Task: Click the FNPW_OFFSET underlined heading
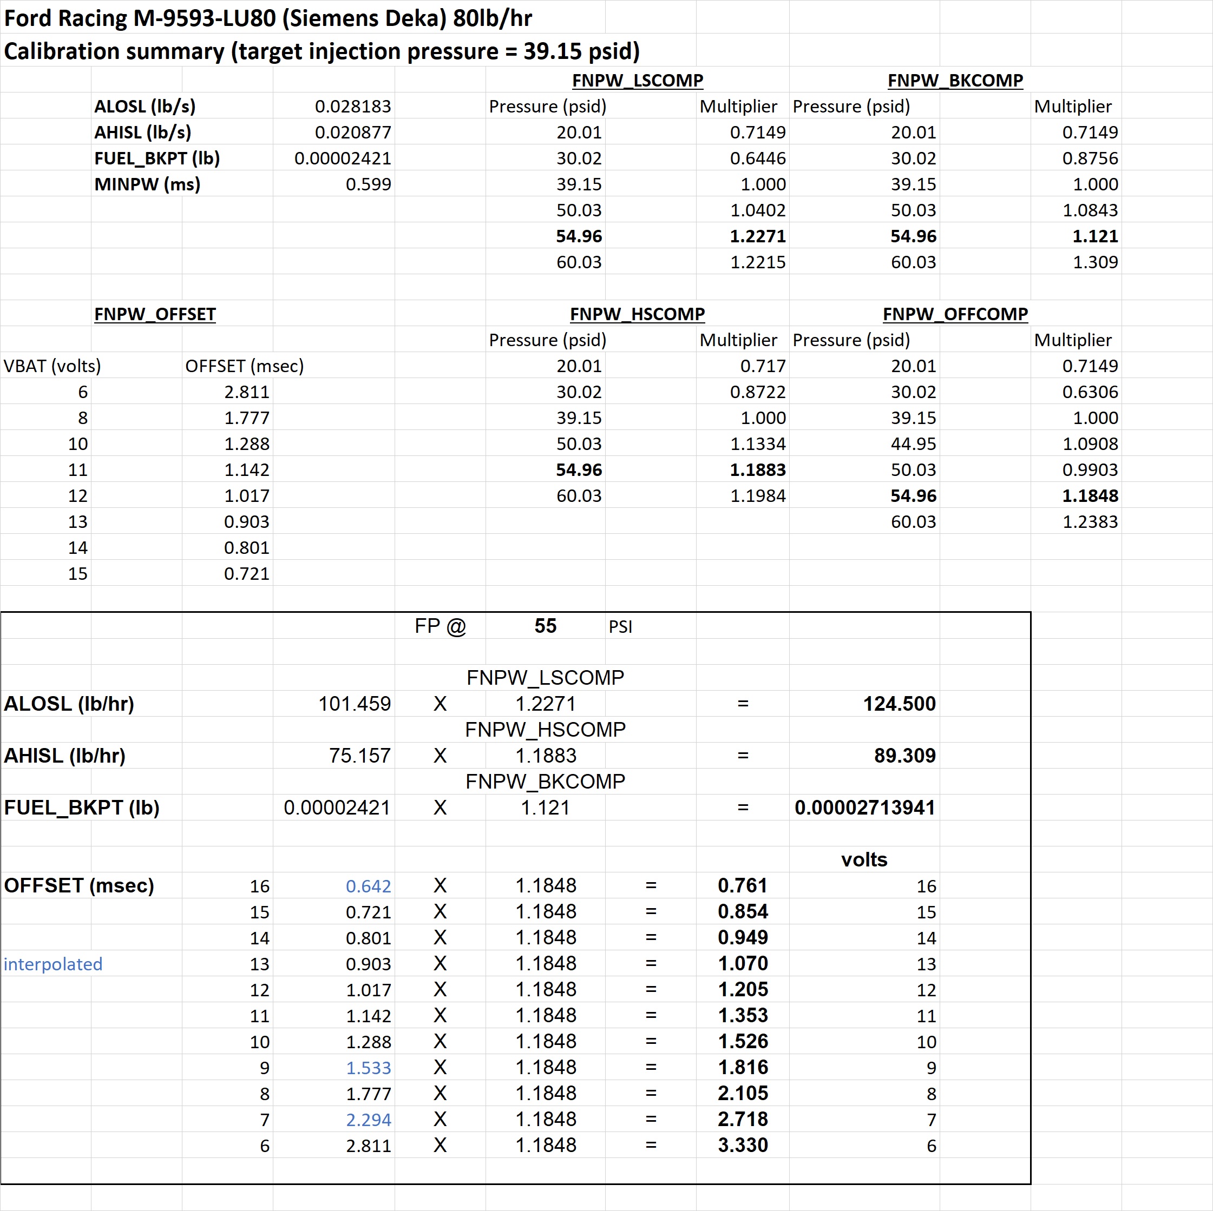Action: (x=155, y=314)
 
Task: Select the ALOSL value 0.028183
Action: (x=353, y=106)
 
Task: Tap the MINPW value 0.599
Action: (x=368, y=184)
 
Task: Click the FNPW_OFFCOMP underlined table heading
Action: (x=955, y=314)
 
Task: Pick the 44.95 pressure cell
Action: (x=913, y=444)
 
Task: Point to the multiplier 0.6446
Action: (x=757, y=158)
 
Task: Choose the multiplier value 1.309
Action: (x=1095, y=262)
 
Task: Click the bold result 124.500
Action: (x=899, y=703)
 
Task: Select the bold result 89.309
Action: (x=904, y=756)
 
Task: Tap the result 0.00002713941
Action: (x=864, y=808)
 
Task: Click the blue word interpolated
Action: (x=53, y=964)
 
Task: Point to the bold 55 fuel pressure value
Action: (x=545, y=626)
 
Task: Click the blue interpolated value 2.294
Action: (x=368, y=1120)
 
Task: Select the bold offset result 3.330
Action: (x=743, y=1145)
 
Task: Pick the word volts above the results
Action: (x=864, y=859)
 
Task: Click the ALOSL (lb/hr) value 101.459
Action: (x=354, y=703)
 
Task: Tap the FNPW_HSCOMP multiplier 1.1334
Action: (x=757, y=444)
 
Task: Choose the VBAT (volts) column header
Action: (x=52, y=366)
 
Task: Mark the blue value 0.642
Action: (x=368, y=886)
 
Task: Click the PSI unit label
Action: (x=620, y=627)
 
